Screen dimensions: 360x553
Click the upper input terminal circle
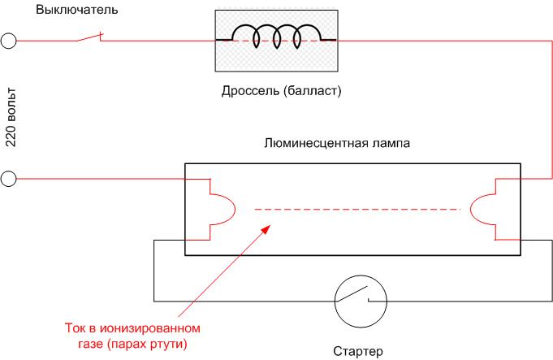8,41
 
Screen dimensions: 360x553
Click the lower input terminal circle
8,179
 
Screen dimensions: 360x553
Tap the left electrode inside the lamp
222,210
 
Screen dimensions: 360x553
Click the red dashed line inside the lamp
357,210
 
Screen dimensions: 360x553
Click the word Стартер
357,352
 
